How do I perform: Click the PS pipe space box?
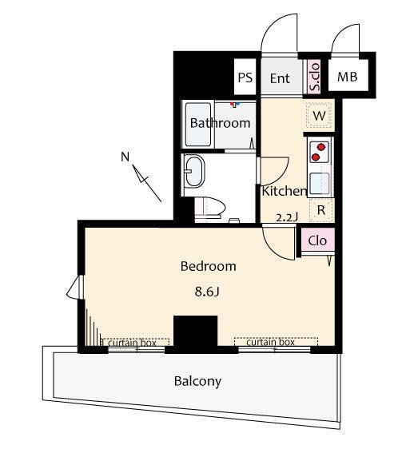click(245, 77)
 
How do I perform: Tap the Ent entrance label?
click(280, 78)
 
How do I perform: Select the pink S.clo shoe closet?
click(314, 77)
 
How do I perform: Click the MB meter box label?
click(348, 77)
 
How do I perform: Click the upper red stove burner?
click(321, 147)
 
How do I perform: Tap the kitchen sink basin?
click(320, 184)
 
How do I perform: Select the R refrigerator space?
click(321, 210)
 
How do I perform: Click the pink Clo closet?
click(317, 240)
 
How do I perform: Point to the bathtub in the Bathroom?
click(198, 125)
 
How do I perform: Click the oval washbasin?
click(194, 171)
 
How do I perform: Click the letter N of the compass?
click(125, 157)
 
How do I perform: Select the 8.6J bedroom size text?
click(207, 292)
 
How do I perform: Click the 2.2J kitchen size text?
click(287, 217)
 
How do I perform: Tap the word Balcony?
click(198, 382)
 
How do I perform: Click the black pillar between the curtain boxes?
click(195, 334)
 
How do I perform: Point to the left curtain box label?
click(132, 343)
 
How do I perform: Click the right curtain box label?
click(271, 343)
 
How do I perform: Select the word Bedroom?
click(209, 266)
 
